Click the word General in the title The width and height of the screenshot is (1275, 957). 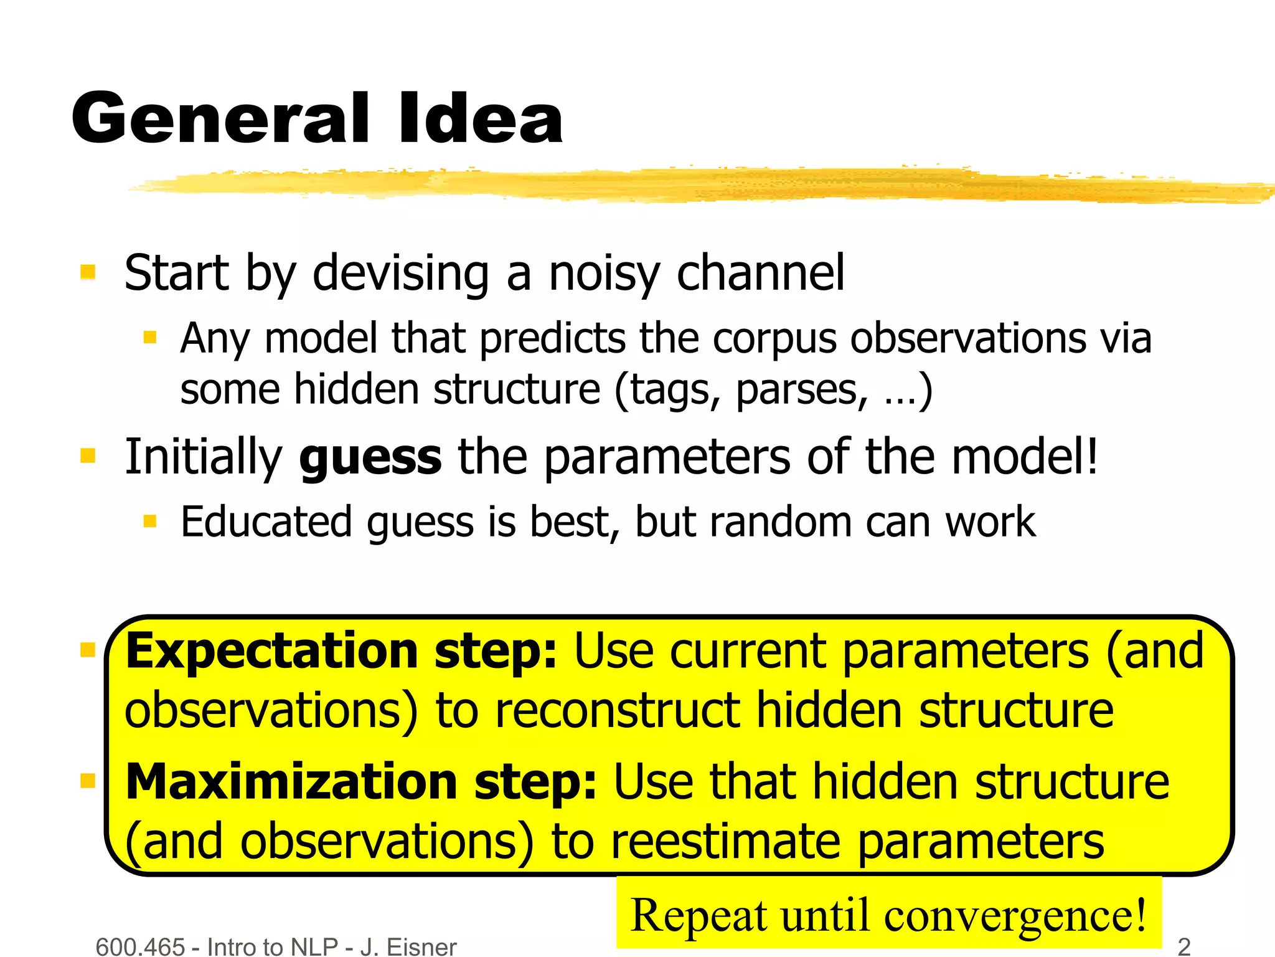221,118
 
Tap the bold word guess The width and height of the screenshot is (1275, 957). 370,458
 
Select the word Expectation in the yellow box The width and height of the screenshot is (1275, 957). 271,651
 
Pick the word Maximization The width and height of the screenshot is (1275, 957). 292,782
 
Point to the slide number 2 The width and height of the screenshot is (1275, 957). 1184,946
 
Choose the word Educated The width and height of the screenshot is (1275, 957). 266,522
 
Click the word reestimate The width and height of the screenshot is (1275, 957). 726,842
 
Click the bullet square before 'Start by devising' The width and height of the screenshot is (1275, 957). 88,272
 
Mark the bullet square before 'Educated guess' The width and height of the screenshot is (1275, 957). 149,521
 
